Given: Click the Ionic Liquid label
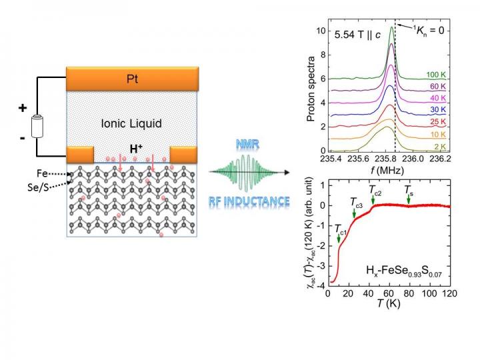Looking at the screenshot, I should point(132,123).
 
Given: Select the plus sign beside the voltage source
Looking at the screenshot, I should point(23,108).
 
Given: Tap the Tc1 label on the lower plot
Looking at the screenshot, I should point(341,230).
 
